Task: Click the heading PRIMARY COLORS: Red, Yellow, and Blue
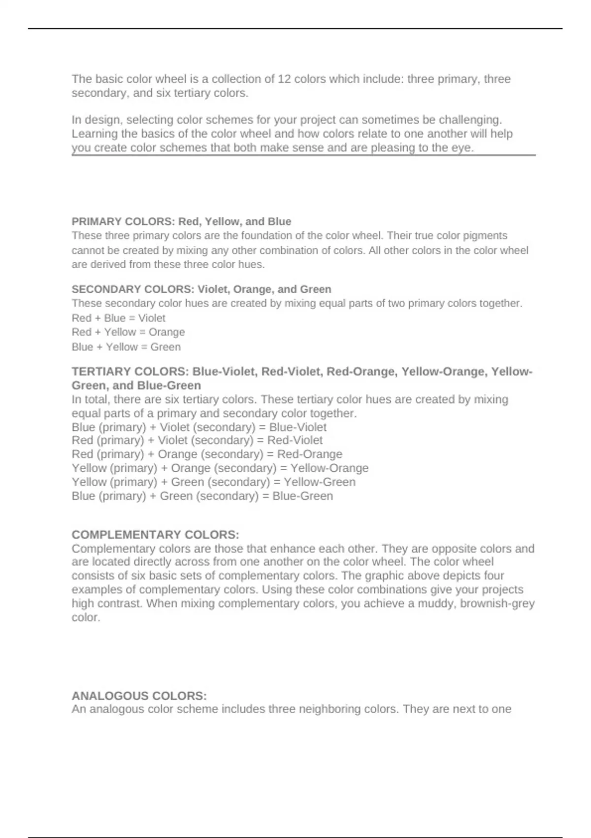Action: (x=181, y=221)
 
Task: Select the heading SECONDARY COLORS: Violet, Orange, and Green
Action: (x=201, y=289)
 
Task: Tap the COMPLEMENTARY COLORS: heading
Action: (x=155, y=534)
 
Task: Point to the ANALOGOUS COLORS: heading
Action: (x=139, y=696)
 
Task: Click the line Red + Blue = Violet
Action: (x=118, y=318)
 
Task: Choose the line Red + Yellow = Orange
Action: (x=128, y=332)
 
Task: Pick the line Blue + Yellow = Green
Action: (x=126, y=347)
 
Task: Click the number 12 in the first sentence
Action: (x=284, y=79)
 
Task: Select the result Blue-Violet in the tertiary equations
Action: (x=297, y=427)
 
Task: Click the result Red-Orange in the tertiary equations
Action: (x=309, y=454)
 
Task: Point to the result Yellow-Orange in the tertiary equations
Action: (x=329, y=468)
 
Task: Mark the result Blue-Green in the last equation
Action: (x=302, y=496)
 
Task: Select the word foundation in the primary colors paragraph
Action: (x=266, y=236)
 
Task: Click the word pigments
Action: (x=484, y=236)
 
